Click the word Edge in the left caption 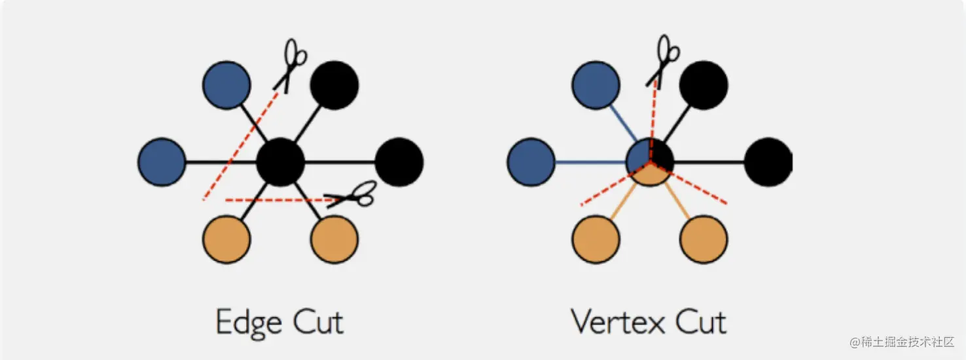(x=249, y=323)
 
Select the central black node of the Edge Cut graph (x=281, y=162)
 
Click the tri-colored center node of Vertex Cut (x=650, y=162)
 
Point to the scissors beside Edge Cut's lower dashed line (x=353, y=194)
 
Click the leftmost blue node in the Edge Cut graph (x=162, y=162)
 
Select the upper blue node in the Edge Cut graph (x=226, y=85)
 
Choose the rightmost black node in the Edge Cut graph (x=399, y=162)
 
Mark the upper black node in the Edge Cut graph (x=334, y=85)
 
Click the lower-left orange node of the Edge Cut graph (x=226, y=239)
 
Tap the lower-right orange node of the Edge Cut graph (x=334, y=239)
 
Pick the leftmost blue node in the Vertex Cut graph (x=531, y=162)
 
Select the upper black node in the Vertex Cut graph (x=704, y=85)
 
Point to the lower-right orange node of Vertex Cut (x=704, y=239)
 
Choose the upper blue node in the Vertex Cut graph (x=596, y=85)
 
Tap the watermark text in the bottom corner (x=903, y=342)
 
